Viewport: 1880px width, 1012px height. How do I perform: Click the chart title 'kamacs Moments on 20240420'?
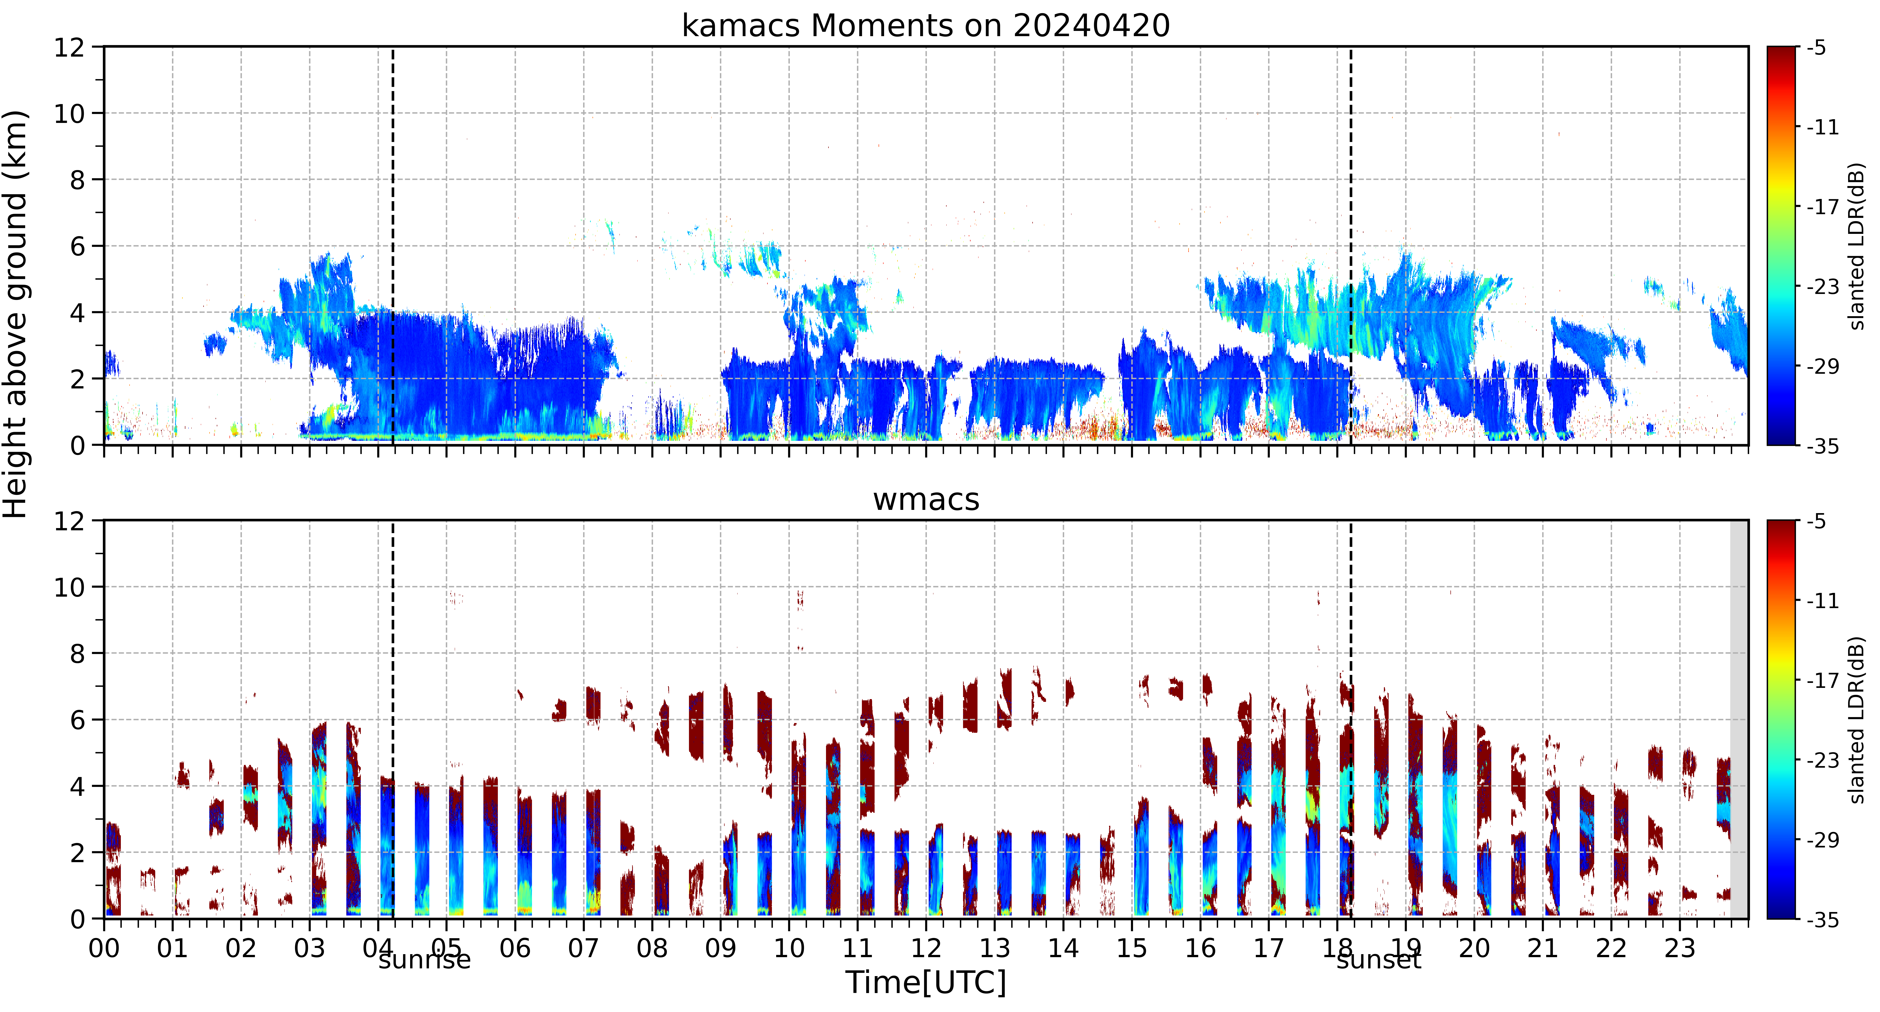925,25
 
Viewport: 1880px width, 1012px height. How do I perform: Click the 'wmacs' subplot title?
926,499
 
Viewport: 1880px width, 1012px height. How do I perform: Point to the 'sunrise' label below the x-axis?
425,959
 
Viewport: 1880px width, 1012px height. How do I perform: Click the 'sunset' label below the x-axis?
1379,959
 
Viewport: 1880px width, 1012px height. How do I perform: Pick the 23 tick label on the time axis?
1679,948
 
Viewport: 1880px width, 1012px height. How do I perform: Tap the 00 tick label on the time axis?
104,948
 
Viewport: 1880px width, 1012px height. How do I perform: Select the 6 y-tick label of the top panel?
77,246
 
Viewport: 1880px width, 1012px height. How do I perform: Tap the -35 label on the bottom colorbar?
1822,919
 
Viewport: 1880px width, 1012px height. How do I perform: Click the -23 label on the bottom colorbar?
1822,760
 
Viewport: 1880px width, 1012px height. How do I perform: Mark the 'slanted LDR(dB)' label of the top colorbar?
1857,246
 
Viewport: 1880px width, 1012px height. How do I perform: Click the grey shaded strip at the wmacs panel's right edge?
1739,719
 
